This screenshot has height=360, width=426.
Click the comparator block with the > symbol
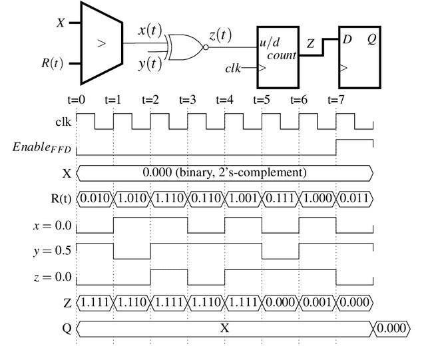(101, 43)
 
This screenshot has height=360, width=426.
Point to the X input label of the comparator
(61, 23)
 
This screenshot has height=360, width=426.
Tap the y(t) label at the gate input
(150, 64)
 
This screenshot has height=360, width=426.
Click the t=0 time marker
(77, 100)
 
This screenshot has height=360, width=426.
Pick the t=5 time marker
(262, 100)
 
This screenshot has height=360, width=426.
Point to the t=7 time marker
(336, 100)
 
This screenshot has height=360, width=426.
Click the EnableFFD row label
(41, 147)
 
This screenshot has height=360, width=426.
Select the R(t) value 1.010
(132, 198)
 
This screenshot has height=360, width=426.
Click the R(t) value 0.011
(354, 198)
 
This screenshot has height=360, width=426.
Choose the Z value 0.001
(318, 303)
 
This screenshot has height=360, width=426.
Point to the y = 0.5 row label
(52, 251)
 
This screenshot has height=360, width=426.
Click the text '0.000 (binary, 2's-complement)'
(224, 172)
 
